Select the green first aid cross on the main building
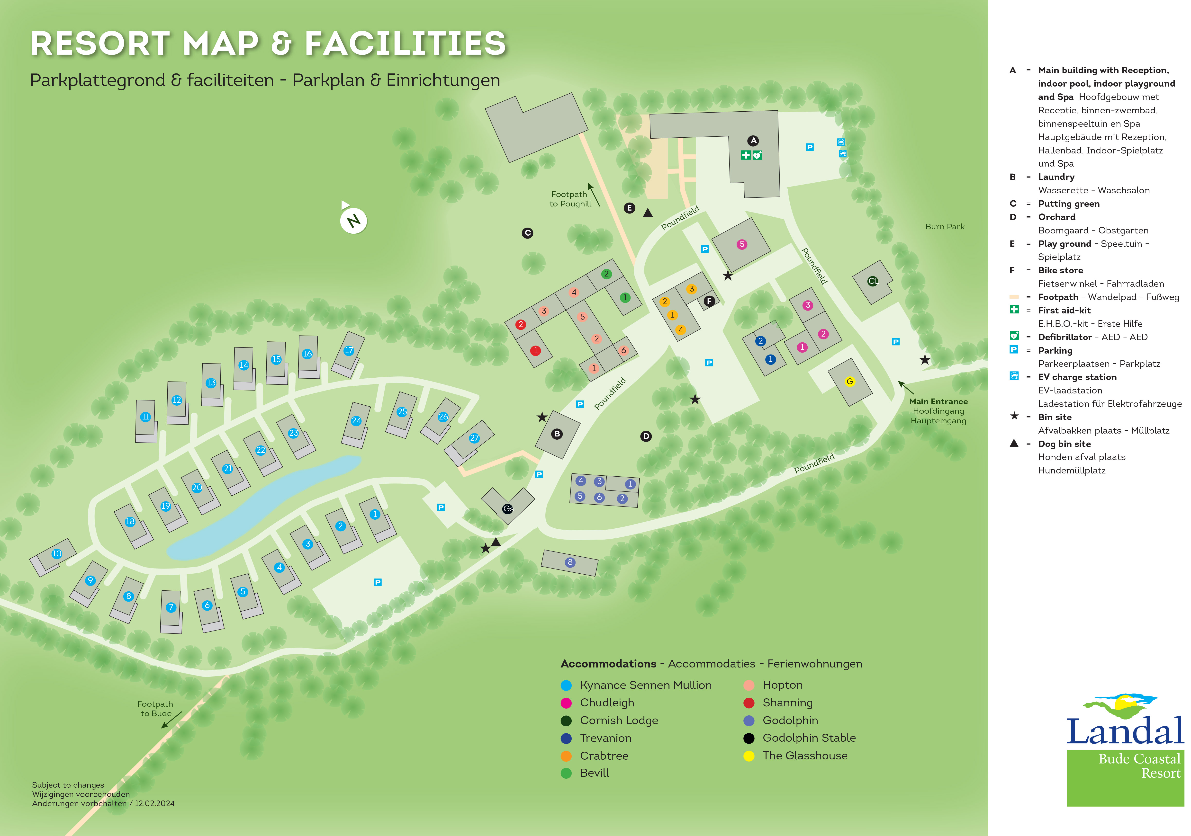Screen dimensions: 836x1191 (x=745, y=155)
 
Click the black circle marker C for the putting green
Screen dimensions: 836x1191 (x=528, y=233)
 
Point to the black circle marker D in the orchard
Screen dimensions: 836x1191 (x=646, y=436)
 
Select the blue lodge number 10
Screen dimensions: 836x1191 (x=56, y=553)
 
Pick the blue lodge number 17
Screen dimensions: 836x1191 (x=349, y=351)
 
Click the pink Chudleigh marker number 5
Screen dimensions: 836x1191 (x=742, y=244)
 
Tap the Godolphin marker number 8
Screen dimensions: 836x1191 (x=570, y=562)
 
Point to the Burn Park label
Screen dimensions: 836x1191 (x=945, y=227)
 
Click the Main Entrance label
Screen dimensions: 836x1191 (x=938, y=401)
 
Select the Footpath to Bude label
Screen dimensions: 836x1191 (x=155, y=708)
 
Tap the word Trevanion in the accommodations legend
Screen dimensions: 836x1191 (x=605, y=738)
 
